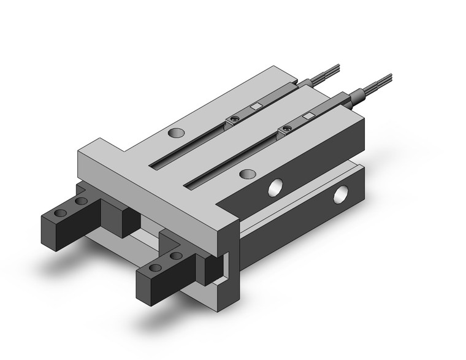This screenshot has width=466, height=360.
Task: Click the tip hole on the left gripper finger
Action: (x=60, y=212)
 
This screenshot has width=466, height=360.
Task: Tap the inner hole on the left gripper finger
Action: (x=80, y=201)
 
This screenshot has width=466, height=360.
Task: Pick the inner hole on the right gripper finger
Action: (x=177, y=256)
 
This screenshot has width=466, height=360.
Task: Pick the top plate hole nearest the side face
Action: (x=247, y=174)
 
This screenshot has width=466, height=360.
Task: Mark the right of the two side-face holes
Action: (x=340, y=197)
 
